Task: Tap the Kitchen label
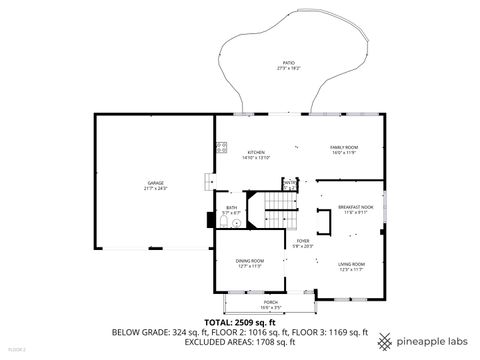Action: click(x=256, y=154)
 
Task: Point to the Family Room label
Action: click(x=344, y=149)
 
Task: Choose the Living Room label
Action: click(x=350, y=265)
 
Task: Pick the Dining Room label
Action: click(x=249, y=263)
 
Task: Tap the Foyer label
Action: click(x=302, y=243)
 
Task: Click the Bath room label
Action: click(x=231, y=210)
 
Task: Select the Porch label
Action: click(x=270, y=303)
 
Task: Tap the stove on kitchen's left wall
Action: click(x=222, y=148)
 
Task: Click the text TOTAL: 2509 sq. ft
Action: click(x=240, y=323)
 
